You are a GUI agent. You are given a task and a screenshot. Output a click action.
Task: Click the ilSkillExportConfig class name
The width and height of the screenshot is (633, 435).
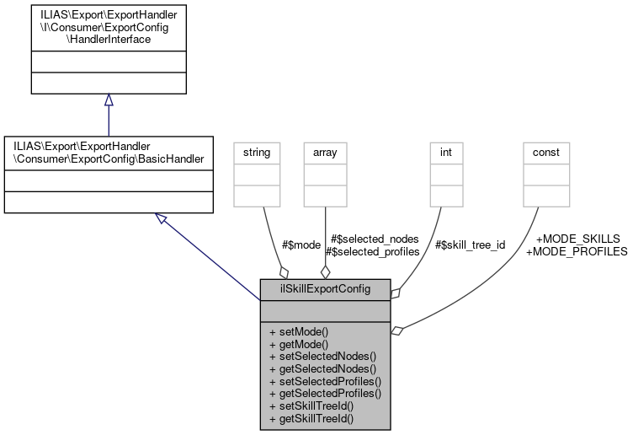(x=325, y=288)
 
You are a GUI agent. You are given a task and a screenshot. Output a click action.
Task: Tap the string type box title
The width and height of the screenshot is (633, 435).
(x=255, y=153)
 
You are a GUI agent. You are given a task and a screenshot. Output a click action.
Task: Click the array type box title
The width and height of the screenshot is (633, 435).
(x=325, y=153)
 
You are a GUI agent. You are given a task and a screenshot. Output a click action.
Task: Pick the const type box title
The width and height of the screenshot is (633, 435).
(x=546, y=153)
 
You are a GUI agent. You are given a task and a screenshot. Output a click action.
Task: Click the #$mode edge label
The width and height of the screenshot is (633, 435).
(x=301, y=245)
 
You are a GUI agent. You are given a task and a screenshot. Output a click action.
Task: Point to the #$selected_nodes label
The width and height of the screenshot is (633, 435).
(x=375, y=239)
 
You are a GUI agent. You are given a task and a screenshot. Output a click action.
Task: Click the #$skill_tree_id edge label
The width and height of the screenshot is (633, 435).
(x=471, y=245)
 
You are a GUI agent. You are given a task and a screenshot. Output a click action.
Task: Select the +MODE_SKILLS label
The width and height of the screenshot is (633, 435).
(x=577, y=239)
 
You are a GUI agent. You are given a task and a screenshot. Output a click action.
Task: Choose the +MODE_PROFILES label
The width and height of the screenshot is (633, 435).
(x=576, y=251)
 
